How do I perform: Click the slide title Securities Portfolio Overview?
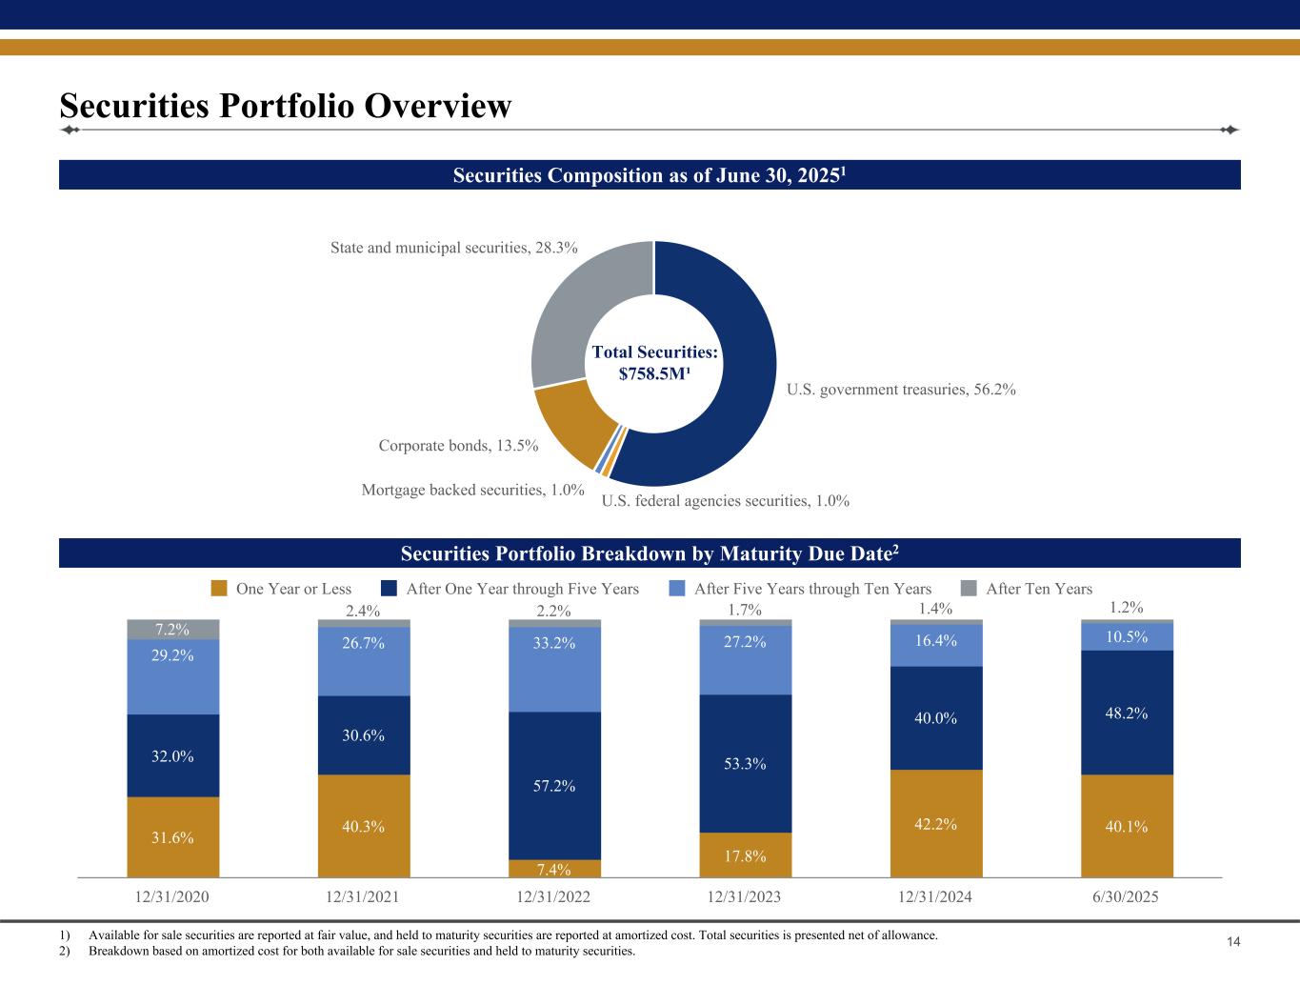click(x=286, y=106)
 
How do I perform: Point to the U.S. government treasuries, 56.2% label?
click(x=901, y=389)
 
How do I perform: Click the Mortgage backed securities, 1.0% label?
click(x=472, y=490)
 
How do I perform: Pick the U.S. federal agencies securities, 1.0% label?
click(x=726, y=500)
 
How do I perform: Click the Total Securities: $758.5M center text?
click(x=654, y=363)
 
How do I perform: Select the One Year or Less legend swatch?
click(x=219, y=589)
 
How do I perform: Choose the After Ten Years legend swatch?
click(x=969, y=589)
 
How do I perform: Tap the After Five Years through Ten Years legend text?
click(x=812, y=589)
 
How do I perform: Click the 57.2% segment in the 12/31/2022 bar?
click(x=554, y=786)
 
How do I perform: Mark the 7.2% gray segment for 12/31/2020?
click(x=173, y=630)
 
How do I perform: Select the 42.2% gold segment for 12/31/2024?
click(x=936, y=823)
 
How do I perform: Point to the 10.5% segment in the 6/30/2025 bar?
click(x=1127, y=636)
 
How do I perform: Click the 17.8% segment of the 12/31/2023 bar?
click(x=746, y=854)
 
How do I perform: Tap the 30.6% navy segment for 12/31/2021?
click(x=364, y=735)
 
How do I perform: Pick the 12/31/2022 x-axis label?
click(x=554, y=897)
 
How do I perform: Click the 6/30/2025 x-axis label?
click(x=1127, y=897)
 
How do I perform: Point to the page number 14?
click(x=1232, y=942)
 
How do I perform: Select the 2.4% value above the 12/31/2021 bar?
click(x=363, y=611)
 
